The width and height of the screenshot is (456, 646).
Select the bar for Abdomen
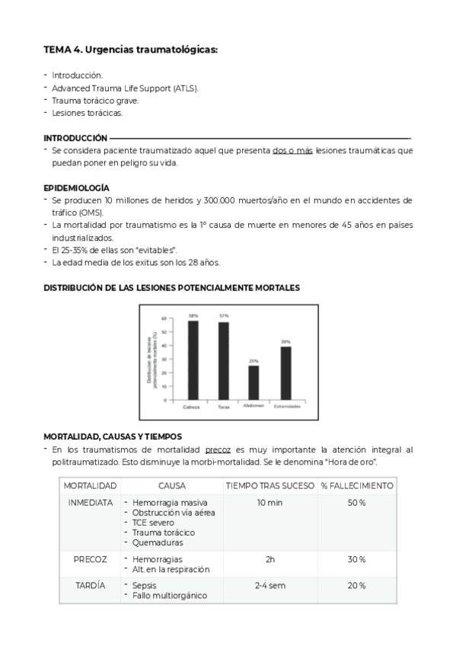[x=254, y=382]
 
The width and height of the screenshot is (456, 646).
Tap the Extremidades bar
[x=285, y=373]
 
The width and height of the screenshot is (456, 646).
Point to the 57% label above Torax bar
[x=224, y=315]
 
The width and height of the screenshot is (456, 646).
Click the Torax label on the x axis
[x=223, y=407]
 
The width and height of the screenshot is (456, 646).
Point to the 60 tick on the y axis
[x=164, y=318]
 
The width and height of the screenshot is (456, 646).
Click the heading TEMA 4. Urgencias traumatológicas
[x=130, y=50]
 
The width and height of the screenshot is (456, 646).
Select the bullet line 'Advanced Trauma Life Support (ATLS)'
[x=126, y=88]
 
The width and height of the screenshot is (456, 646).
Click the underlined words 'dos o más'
[x=292, y=151]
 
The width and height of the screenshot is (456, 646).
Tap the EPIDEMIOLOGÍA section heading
[x=76, y=187]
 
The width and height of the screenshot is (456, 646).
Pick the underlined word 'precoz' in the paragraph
[x=218, y=450]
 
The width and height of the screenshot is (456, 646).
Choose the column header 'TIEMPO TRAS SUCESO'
[x=269, y=485]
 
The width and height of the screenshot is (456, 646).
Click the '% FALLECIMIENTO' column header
[x=357, y=485]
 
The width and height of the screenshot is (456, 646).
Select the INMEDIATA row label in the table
[x=90, y=503]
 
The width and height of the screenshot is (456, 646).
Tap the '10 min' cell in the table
[x=269, y=503]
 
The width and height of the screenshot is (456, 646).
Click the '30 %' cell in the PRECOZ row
[x=357, y=559]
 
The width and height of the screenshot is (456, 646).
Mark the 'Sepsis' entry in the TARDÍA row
[x=145, y=585]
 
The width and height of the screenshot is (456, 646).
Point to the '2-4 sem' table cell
[x=269, y=585]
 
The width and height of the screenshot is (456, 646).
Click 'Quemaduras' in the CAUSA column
[x=158, y=542]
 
